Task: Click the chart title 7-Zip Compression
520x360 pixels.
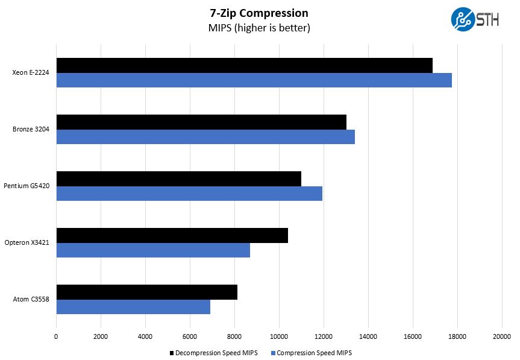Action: click(259, 13)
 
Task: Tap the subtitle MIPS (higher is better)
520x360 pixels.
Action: click(259, 28)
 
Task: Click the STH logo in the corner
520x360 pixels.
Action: click(475, 19)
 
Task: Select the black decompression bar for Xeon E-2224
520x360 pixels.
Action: click(244, 65)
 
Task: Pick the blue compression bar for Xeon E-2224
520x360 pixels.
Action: click(254, 80)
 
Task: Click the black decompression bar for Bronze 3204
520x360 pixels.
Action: click(201, 122)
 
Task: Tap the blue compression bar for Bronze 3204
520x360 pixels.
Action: click(205, 137)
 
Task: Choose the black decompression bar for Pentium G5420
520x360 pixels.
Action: click(178, 178)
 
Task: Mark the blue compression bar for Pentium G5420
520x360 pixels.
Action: click(189, 194)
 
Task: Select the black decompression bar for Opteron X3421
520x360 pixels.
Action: click(172, 235)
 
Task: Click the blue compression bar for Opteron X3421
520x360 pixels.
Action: click(153, 250)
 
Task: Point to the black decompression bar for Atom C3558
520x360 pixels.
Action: click(146, 292)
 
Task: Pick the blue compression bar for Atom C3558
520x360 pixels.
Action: click(133, 307)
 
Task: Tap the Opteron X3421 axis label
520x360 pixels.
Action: click(31, 243)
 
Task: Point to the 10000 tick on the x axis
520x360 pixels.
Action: click(279, 337)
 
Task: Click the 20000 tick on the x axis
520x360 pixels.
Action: click(502, 337)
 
